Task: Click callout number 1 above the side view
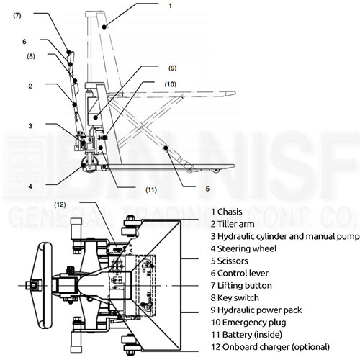(170, 6)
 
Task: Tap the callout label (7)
(17, 16)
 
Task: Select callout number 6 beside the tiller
(24, 42)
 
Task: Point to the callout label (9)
(172, 68)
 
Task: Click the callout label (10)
(171, 84)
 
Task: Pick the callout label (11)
(151, 189)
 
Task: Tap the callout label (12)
(60, 204)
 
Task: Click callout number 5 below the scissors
(207, 189)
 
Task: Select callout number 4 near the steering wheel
(30, 186)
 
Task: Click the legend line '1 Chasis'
(227, 212)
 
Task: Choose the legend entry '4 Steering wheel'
(243, 248)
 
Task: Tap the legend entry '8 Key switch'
(235, 297)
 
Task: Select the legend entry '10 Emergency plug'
(248, 323)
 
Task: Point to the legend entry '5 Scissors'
(230, 261)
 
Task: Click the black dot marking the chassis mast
(104, 27)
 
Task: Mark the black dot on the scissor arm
(166, 148)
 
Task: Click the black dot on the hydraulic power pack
(96, 117)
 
